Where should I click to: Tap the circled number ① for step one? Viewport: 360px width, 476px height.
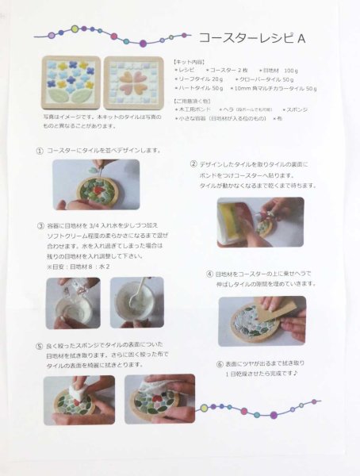[x=40, y=150]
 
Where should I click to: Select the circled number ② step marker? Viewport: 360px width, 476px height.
[x=193, y=164]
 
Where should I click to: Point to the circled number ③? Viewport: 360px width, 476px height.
[x=40, y=225]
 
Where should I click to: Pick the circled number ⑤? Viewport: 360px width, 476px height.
[x=40, y=346]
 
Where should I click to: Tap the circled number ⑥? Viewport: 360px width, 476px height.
[x=219, y=364]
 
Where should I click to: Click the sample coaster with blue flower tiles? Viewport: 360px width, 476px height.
[x=71, y=84]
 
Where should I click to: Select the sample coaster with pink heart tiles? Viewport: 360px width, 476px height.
[x=132, y=84]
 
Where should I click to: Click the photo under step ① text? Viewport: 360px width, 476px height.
[x=95, y=184]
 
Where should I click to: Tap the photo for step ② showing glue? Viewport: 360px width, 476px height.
[x=260, y=222]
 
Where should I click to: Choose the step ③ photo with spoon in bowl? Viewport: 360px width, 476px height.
[x=137, y=301]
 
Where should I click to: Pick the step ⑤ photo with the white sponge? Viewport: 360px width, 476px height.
[x=79, y=399]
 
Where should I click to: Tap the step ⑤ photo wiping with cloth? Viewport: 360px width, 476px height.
[x=159, y=399]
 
